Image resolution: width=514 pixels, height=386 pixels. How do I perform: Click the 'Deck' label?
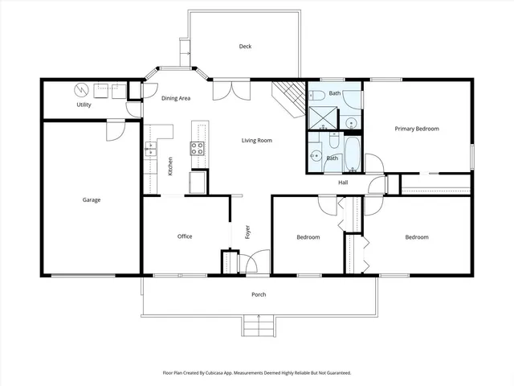(x=245, y=47)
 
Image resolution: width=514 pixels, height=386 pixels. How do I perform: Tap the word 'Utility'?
(x=84, y=105)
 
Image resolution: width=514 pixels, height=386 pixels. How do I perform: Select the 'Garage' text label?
(x=92, y=199)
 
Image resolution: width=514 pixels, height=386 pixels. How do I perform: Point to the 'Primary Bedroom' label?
(x=416, y=129)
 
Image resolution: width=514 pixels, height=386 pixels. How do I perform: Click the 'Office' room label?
(x=185, y=236)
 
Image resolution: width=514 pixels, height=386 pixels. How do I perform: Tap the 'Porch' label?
(x=259, y=294)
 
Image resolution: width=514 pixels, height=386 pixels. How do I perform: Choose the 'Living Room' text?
(x=257, y=141)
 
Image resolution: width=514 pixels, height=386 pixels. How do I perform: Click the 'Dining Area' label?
(x=176, y=98)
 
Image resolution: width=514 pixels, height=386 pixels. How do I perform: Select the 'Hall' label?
(x=343, y=183)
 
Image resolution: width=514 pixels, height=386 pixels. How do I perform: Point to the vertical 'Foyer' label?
(x=247, y=233)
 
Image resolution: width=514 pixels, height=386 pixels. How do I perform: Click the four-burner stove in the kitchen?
(x=198, y=147)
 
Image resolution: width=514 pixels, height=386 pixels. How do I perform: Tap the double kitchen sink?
(x=149, y=148)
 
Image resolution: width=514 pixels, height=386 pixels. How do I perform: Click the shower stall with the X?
(x=320, y=117)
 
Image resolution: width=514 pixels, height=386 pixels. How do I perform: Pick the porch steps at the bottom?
(x=259, y=326)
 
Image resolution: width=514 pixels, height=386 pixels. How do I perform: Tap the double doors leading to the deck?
(x=226, y=88)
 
